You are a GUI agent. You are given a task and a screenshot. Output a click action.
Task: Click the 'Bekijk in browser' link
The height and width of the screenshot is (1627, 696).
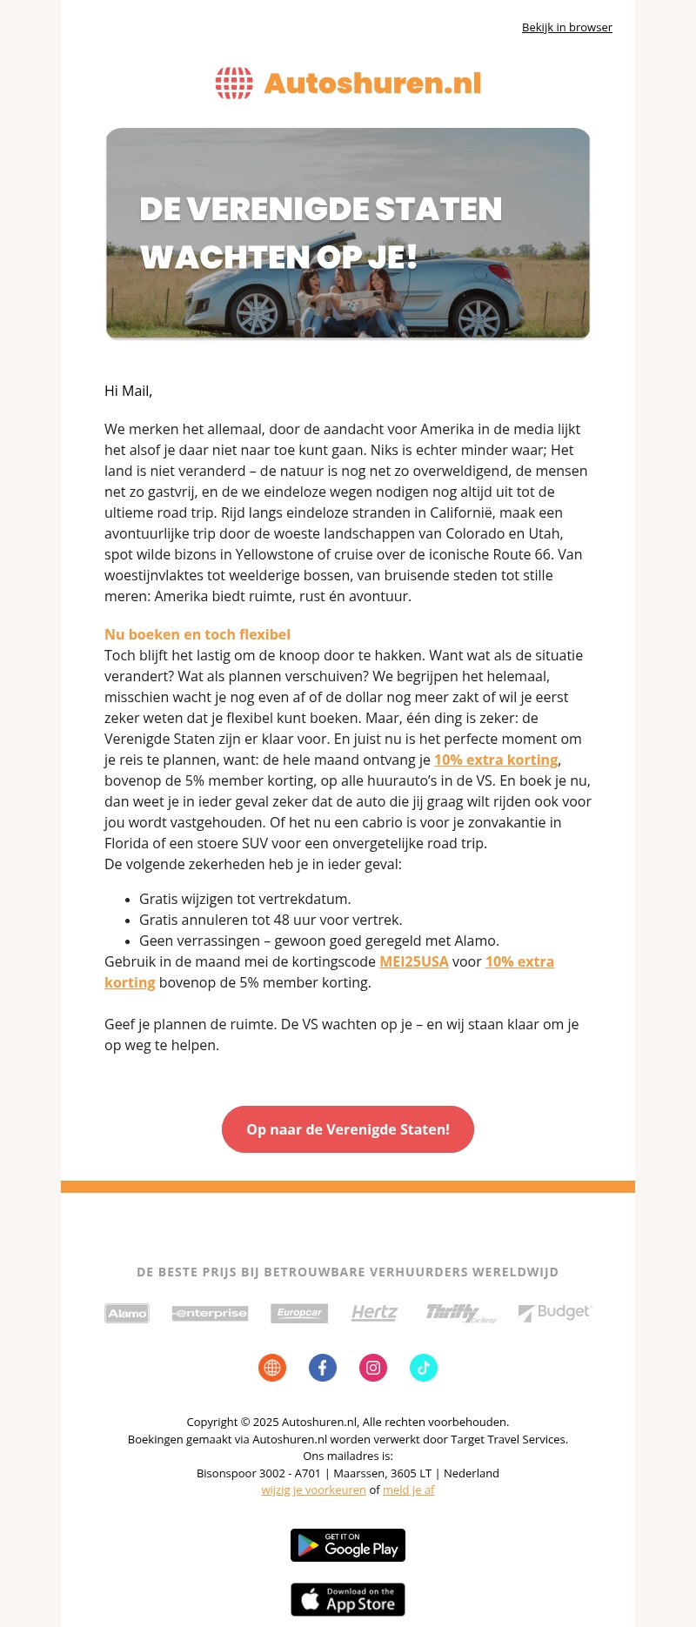566,28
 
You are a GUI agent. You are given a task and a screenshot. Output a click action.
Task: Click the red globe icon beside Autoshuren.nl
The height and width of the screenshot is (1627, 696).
234,84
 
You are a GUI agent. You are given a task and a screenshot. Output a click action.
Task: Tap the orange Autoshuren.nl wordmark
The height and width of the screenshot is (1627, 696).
372,84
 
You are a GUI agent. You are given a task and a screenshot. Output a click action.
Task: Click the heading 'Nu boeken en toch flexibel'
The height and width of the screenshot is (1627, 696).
197,634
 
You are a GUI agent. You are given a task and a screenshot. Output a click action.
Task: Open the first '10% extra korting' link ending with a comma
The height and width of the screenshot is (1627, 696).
496,760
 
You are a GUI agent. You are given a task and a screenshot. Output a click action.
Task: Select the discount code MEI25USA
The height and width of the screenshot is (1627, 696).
414,961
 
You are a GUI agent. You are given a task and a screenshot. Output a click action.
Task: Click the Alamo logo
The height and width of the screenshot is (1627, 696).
127,1313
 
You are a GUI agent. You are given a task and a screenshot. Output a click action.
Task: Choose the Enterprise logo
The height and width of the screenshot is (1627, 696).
211,1313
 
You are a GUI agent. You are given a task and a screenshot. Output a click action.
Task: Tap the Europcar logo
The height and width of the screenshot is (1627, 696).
299,1313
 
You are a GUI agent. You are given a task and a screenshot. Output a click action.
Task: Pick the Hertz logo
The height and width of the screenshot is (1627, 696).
374,1313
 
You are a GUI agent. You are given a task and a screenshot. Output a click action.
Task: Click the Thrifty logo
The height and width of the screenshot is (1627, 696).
460,1313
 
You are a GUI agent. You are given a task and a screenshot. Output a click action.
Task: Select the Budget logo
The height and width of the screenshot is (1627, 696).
555,1312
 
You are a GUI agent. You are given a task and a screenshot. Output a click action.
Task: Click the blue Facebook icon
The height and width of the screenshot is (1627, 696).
323,1368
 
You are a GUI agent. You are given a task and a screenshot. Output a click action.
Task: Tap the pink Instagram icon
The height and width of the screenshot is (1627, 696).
373,1368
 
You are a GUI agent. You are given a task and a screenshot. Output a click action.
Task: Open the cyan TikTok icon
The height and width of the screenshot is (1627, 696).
424,1368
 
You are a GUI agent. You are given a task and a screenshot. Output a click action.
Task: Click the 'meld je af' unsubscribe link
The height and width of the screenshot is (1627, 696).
408,1490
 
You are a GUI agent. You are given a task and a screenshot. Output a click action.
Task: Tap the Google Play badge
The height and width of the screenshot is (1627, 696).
348,1545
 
